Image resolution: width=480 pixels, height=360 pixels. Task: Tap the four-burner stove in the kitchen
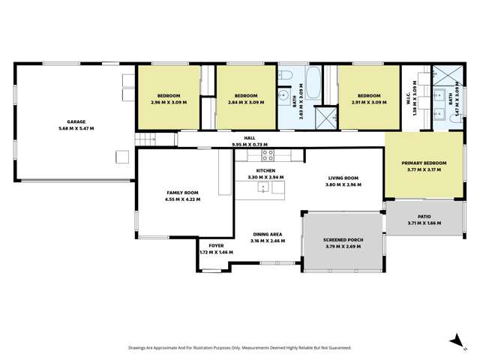click(x=266, y=155)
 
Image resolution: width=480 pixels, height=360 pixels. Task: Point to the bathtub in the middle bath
click(x=315, y=82)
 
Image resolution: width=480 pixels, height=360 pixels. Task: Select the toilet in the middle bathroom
click(x=288, y=74)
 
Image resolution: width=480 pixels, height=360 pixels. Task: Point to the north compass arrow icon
click(x=454, y=341)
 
